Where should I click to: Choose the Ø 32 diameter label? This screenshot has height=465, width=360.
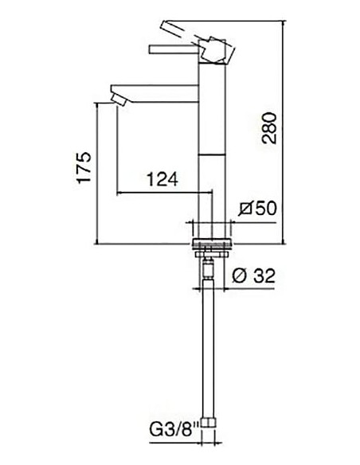pyautogui.click(x=255, y=276)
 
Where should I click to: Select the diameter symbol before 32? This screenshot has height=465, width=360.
pyautogui.click(x=241, y=276)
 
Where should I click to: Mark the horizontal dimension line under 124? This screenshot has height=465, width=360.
pyautogui.click(x=159, y=192)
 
